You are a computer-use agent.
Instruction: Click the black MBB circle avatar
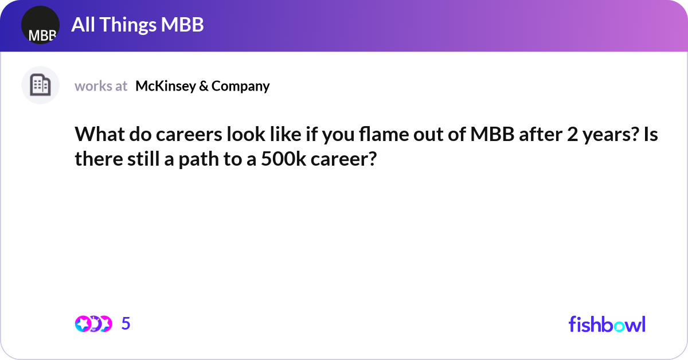coord(40,26)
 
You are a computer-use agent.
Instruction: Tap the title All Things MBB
coord(138,25)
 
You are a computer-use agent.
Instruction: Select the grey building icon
coord(40,85)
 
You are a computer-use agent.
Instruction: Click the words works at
coord(101,86)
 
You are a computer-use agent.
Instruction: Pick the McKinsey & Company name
coord(202,86)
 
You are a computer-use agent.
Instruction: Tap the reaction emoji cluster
coord(93,324)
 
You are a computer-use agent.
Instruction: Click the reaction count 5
coord(126,324)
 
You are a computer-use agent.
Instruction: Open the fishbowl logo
coord(607,324)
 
